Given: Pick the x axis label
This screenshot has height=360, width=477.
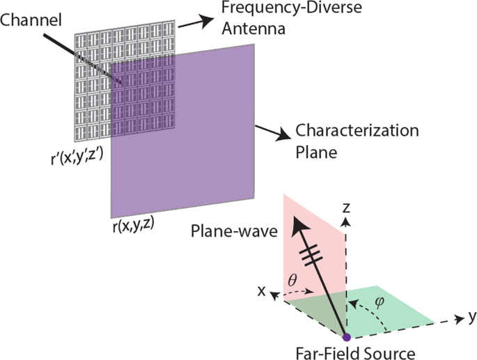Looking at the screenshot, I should click(x=264, y=290).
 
